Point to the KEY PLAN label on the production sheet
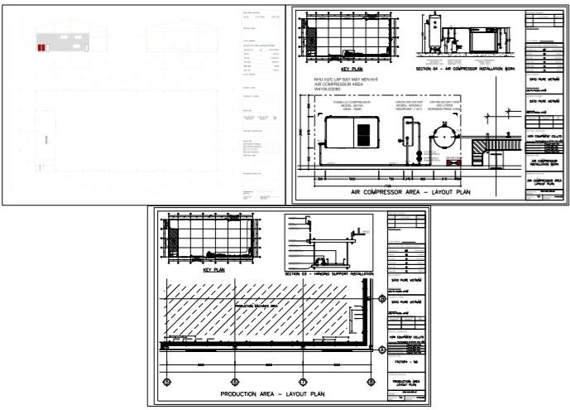pos(213,269)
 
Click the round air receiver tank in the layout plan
pos(447,136)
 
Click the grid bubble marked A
pos(381,350)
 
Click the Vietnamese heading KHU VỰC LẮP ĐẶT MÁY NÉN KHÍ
pos(341,80)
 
